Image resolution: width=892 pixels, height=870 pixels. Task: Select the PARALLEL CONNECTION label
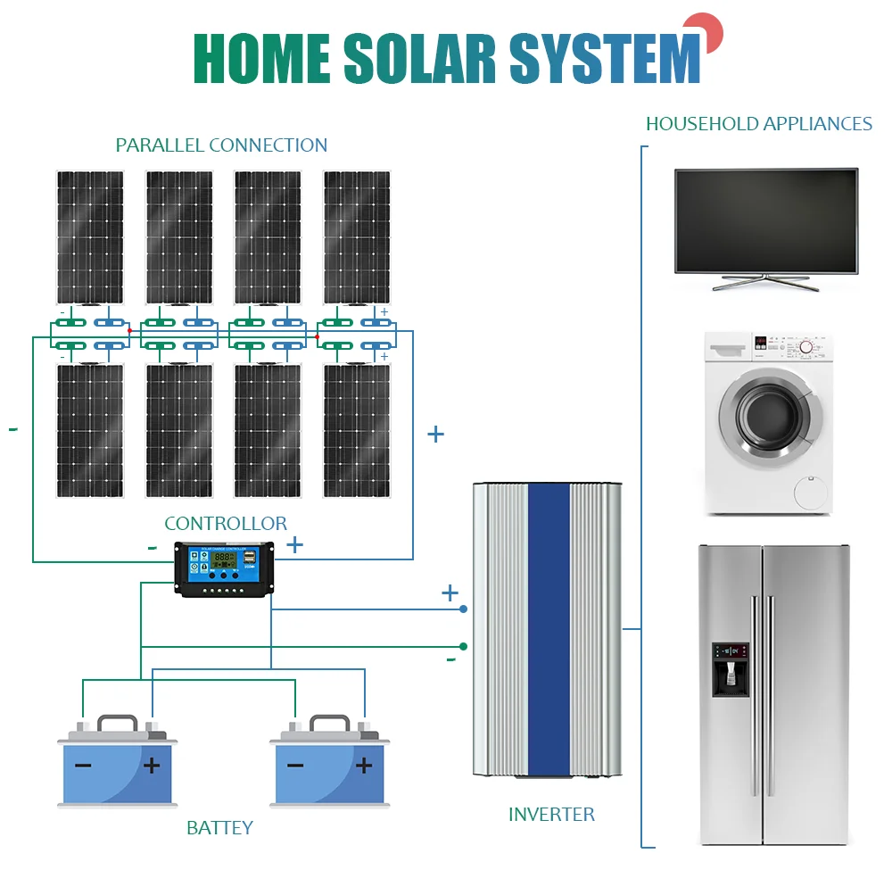pos(221,145)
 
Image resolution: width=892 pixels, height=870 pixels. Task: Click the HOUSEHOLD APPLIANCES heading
pos(758,124)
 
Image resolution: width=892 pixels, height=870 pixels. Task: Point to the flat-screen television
pos(766,221)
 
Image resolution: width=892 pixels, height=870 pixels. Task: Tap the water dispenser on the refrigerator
pos(730,669)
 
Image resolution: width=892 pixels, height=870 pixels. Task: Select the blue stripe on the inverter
pos(549,629)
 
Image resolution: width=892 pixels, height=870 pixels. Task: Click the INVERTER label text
pos(551,814)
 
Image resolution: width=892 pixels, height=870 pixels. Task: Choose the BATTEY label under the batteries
pos(219,827)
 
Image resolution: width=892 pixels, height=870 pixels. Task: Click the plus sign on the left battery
pos(153,765)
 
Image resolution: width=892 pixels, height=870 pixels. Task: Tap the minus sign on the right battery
pos(295,766)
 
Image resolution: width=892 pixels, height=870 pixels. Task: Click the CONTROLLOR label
pos(226,524)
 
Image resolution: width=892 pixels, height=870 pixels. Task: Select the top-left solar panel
pos(90,236)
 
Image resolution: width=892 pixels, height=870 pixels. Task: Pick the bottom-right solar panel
pos(357,430)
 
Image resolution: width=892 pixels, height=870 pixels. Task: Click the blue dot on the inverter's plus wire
pos(464,609)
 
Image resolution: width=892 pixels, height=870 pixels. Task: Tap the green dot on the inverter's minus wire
pos(464,646)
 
